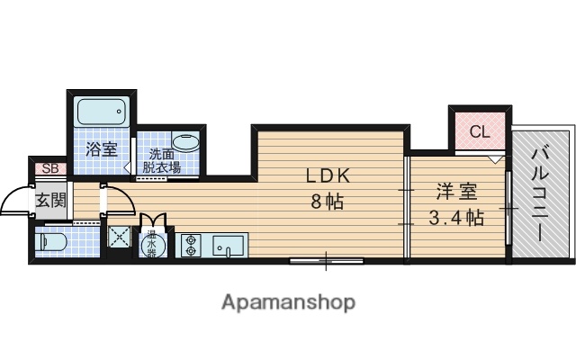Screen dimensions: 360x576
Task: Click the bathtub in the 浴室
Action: click(101, 112)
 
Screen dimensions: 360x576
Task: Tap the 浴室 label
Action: click(101, 149)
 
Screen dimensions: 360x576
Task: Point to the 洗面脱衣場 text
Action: click(164, 161)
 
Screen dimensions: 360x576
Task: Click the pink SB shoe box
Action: click(48, 168)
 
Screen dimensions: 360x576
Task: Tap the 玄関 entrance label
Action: click(50, 200)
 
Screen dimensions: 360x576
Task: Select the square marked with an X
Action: click(120, 237)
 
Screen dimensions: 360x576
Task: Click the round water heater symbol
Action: click(151, 243)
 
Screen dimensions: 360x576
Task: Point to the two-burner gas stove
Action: click(191, 244)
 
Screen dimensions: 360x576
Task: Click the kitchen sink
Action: click(227, 244)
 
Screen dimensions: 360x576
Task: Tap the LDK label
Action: click(324, 175)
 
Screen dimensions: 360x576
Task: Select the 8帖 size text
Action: click(325, 202)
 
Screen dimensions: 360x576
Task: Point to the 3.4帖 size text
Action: click(455, 217)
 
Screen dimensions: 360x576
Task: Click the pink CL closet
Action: click(479, 132)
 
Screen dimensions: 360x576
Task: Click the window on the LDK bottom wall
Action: click(326, 262)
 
